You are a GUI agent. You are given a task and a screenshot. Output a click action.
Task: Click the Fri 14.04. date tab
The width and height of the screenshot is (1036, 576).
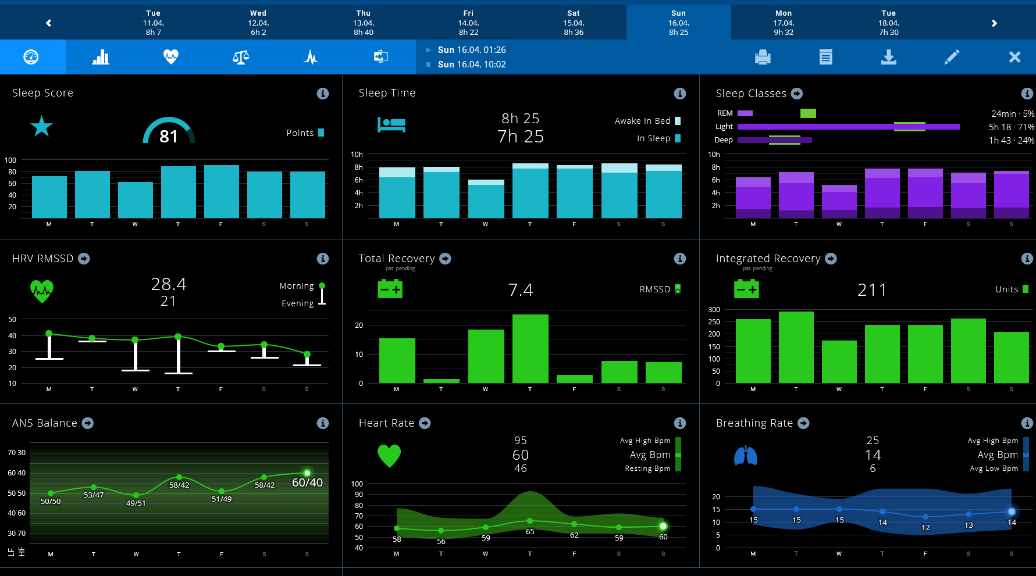click(x=468, y=23)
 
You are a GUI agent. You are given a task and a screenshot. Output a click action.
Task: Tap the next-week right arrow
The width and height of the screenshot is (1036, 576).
click(x=994, y=23)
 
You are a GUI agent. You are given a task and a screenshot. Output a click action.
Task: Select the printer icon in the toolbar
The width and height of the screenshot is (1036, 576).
click(x=763, y=57)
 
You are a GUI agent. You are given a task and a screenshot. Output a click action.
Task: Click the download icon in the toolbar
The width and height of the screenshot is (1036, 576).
click(x=888, y=57)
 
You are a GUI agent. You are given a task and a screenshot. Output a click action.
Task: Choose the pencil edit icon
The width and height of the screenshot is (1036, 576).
click(x=952, y=57)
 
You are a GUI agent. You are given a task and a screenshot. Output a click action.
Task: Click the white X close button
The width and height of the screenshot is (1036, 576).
click(x=1014, y=57)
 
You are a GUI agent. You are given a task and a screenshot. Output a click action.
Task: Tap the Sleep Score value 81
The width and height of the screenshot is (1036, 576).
click(x=169, y=136)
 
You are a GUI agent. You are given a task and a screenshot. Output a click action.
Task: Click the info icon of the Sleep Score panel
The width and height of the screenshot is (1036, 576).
click(x=323, y=94)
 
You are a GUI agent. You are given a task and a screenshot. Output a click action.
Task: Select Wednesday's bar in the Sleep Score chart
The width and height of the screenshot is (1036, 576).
click(x=135, y=200)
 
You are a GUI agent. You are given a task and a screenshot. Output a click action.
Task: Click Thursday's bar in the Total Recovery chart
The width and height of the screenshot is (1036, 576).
click(x=530, y=349)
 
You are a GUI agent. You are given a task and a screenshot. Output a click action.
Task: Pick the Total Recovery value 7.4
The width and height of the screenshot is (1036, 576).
click(x=521, y=290)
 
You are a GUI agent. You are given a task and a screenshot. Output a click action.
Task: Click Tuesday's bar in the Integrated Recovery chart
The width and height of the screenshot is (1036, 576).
click(x=796, y=347)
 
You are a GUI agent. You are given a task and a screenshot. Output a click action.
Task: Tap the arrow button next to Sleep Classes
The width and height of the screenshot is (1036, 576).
click(x=797, y=94)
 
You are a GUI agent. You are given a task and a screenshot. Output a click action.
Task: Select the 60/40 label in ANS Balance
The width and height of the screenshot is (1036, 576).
click(x=307, y=482)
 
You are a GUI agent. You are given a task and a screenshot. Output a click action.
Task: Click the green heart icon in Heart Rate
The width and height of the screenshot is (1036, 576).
click(x=389, y=456)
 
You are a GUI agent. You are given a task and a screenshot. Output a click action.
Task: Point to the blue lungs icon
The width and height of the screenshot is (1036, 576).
click(x=745, y=456)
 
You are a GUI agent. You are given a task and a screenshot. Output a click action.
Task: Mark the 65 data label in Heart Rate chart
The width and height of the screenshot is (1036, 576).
click(x=530, y=531)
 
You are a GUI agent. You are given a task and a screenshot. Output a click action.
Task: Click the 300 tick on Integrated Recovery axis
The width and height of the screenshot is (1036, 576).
click(x=714, y=310)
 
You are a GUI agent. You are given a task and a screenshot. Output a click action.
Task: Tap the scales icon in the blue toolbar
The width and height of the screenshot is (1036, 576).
click(x=240, y=57)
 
